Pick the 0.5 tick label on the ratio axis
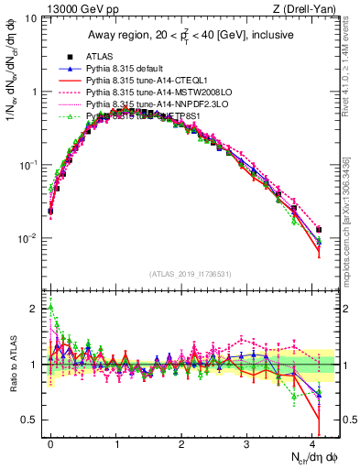tap(28, 420)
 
